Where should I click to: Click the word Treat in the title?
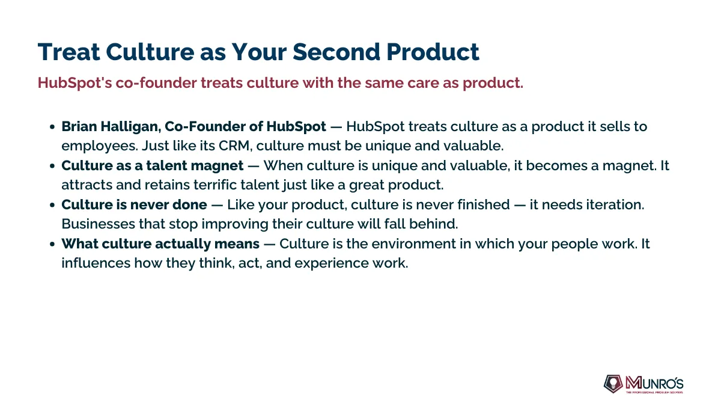click(69, 52)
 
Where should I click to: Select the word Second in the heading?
click(336, 52)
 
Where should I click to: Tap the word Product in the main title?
click(433, 52)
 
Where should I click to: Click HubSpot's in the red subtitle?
click(75, 83)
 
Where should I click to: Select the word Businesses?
click(98, 224)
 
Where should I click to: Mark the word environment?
click(413, 244)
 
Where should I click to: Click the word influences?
click(96, 263)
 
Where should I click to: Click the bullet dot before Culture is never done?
click(52, 205)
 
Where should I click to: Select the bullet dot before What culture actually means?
click(52, 244)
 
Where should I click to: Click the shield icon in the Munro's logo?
click(613, 384)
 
